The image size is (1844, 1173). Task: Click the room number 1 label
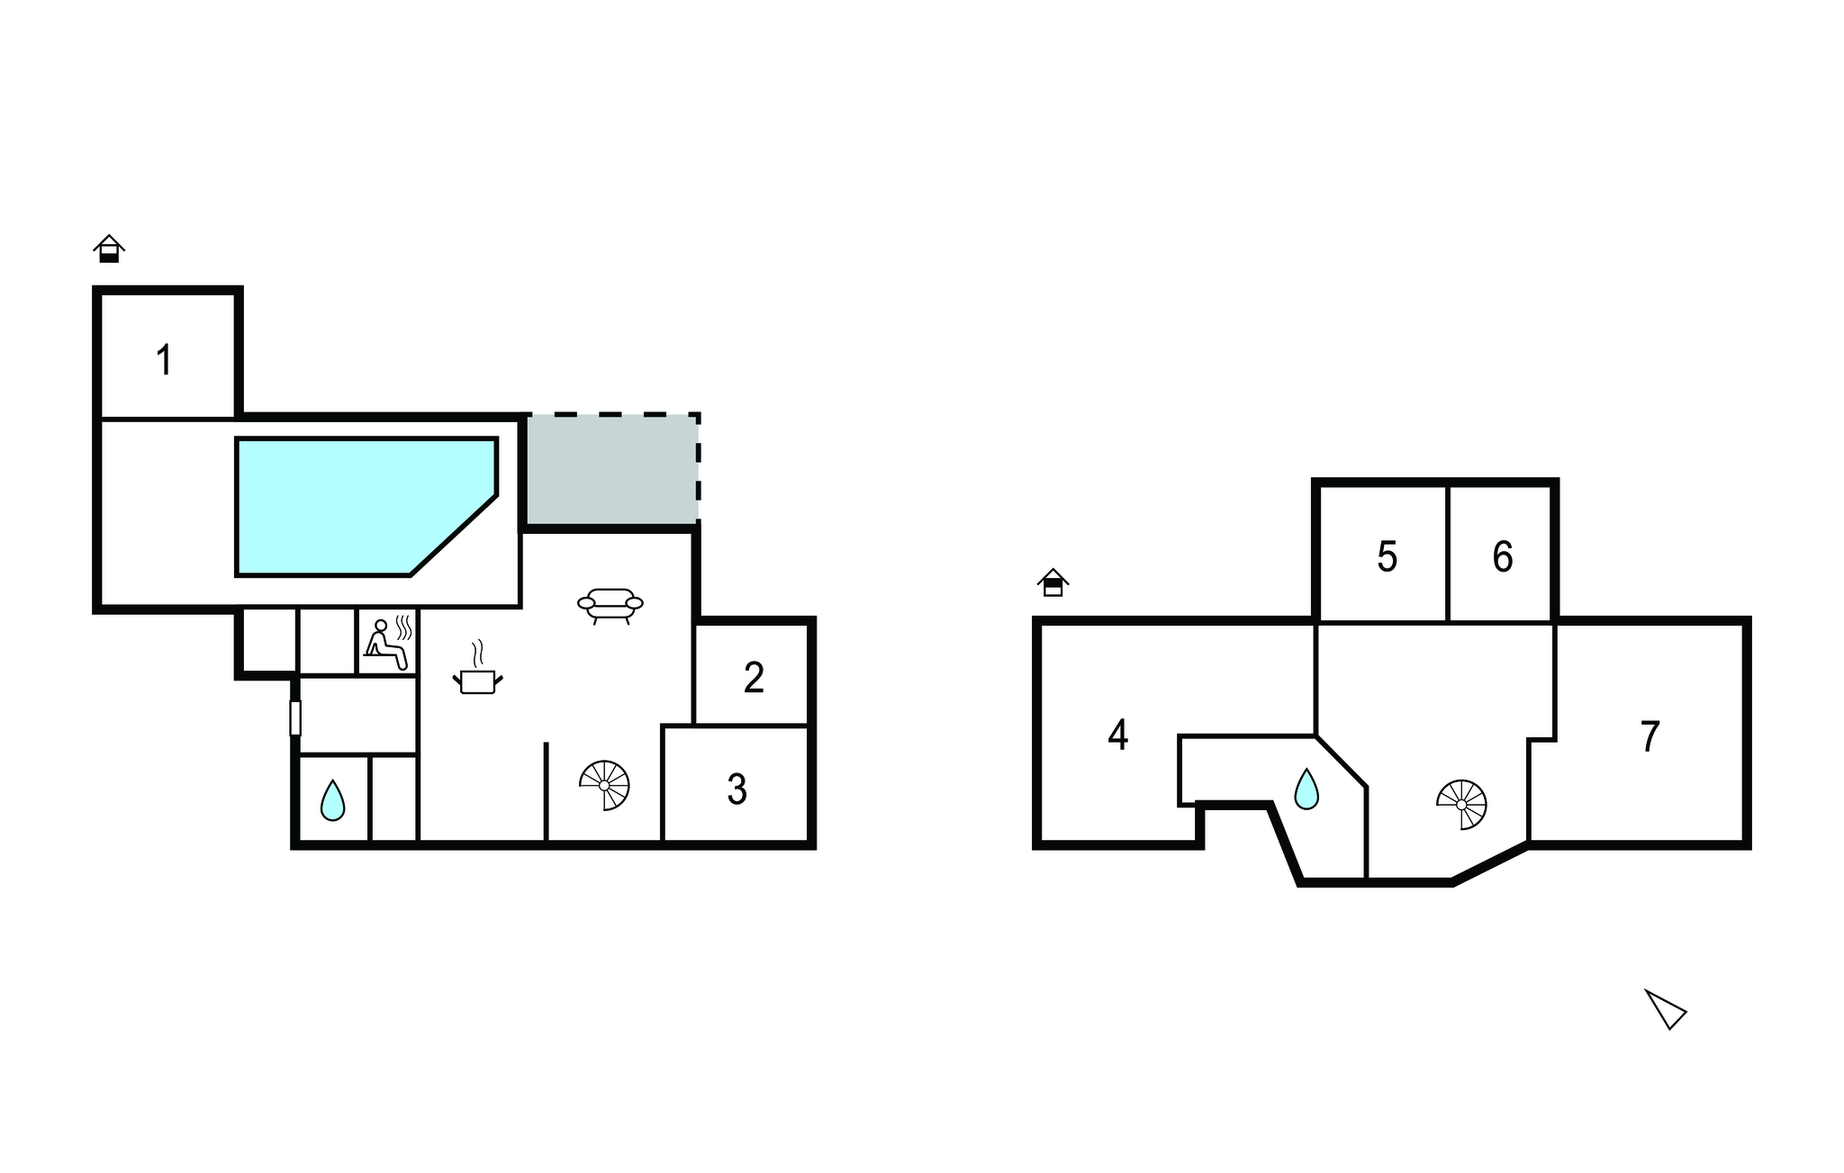tap(164, 360)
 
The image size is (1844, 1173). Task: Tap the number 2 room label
tap(754, 677)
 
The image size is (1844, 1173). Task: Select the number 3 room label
tap(737, 789)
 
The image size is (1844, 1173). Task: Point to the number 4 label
tap(1117, 735)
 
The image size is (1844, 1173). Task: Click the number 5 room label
tap(1387, 556)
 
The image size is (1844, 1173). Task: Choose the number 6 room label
tap(1502, 556)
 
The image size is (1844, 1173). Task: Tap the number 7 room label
tap(1650, 736)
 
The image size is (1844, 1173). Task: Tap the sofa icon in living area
tap(610, 606)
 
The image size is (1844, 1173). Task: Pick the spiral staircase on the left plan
tap(604, 785)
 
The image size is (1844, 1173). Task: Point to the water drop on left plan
tap(332, 800)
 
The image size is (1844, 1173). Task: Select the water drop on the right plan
tap(1306, 789)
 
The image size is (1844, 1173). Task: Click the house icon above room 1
tap(109, 248)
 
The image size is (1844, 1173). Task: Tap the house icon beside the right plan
tap(1053, 582)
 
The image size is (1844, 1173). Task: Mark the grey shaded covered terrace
tap(611, 468)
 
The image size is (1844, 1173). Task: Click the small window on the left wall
tap(294, 717)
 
